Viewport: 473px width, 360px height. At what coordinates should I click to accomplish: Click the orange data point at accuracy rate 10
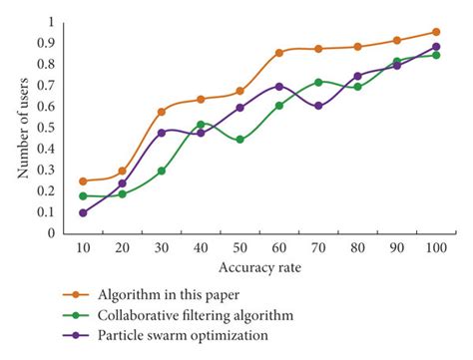(83, 181)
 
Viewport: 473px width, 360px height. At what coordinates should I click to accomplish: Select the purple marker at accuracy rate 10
(83, 212)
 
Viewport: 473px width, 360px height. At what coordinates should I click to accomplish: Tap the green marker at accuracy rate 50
(239, 140)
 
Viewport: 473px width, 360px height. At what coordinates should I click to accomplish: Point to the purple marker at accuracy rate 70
(318, 106)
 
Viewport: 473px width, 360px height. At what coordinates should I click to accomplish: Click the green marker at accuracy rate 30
(162, 171)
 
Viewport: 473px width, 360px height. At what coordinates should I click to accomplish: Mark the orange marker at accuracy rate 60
(279, 53)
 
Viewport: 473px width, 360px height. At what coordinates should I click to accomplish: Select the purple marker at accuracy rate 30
(162, 133)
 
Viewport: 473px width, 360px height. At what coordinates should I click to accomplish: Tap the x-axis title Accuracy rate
(259, 266)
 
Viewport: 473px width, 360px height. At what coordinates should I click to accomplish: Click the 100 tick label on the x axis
(436, 247)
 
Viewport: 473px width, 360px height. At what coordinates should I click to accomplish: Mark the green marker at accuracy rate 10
(83, 196)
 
